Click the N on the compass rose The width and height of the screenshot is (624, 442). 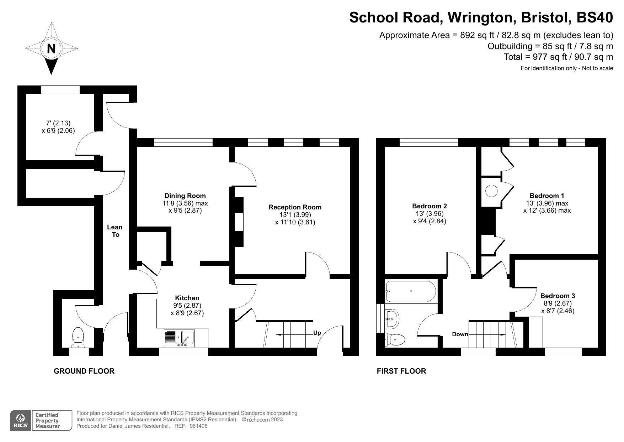(51, 48)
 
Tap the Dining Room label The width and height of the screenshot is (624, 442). (185, 196)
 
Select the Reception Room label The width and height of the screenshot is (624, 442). (295, 207)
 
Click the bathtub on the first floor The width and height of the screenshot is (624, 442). (410, 291)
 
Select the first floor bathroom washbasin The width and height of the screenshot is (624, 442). (392, 318)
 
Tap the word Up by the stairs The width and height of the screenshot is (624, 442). (317, 333)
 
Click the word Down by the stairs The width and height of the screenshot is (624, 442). (460, 334)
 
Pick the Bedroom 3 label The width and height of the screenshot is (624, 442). (557, 296)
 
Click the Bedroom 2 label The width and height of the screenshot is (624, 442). (429, 206)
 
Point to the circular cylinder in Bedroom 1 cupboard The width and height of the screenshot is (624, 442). (492, 191)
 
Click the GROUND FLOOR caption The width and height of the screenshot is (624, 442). (84, 371)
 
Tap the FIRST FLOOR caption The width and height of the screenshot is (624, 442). (401, 371)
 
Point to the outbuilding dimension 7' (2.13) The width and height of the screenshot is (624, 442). (58, 123)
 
